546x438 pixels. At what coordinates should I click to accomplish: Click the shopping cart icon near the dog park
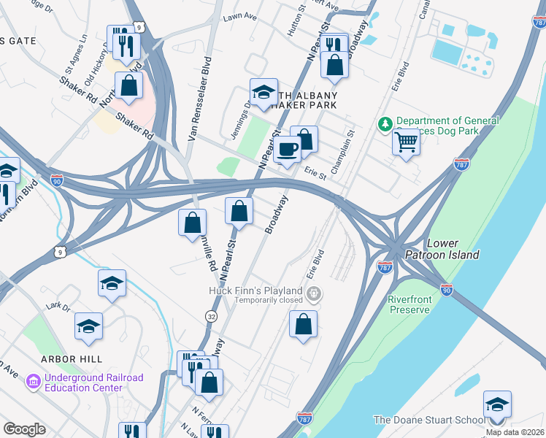coord(406,142)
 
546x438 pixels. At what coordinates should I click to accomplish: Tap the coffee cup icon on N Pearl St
coord(288,150)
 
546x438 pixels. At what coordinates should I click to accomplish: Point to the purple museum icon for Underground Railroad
coord(33,382)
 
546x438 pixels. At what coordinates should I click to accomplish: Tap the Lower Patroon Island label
coord(453,249)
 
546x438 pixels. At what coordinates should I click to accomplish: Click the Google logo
coord(24,429)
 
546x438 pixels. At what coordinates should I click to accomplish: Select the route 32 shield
coord(210,316)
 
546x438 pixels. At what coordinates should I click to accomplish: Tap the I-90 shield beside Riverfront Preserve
coord(447,289)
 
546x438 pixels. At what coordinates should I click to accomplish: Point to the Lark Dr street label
coord(56,307)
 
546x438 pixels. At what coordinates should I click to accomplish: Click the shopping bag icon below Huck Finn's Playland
coord(303,323)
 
